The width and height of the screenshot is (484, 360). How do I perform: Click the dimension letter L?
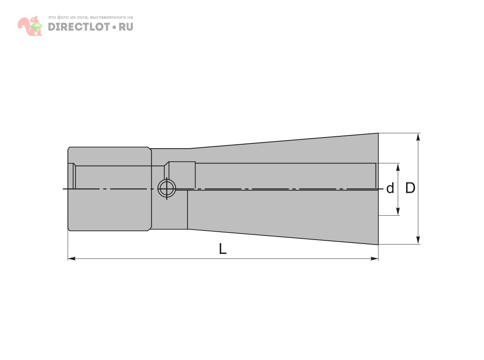(223, 249)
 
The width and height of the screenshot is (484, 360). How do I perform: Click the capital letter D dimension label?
(410, 188)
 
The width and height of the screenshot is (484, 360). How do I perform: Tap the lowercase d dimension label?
(390, 188)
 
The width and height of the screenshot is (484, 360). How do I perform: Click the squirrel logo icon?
(30, 26)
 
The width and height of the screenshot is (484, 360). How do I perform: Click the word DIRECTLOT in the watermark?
(79, 27)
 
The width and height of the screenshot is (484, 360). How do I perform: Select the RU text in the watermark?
(126, 27)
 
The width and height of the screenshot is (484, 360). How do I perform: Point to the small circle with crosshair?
(167, 188)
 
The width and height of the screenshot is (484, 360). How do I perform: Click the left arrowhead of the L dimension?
(72, 259)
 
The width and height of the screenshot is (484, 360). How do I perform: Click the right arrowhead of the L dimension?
(374, 259)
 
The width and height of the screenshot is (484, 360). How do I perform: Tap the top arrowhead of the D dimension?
(418, 137)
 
